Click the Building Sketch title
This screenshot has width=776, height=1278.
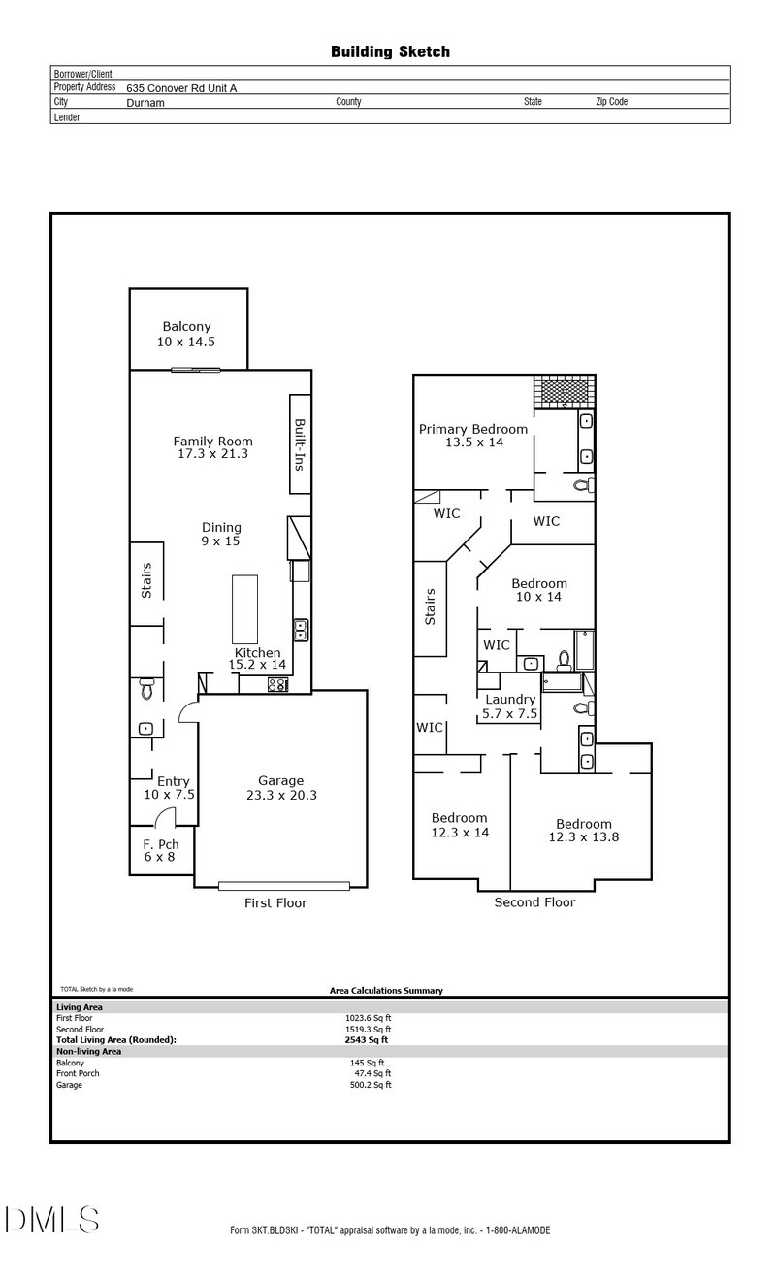point(390,51)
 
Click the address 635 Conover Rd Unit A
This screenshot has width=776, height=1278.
point(181,87)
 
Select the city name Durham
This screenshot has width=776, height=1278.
point(145,101)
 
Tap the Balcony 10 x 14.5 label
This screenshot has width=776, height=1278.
point(186,335)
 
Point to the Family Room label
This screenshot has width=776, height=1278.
point(213,447)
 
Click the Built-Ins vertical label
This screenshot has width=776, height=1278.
point(300,444)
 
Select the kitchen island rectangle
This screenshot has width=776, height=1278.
point(244,609)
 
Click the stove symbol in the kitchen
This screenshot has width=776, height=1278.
point(277,684)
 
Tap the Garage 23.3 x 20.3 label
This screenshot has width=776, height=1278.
point(280,787)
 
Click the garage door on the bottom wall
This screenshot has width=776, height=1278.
point(283,885)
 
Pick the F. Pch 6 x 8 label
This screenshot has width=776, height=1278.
point(161,850)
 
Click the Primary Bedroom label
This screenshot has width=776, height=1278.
point(473,435)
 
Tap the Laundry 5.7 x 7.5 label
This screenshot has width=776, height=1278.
point(509,705)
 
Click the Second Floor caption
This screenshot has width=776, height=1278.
point(534,902)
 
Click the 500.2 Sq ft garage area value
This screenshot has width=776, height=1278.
point(371,1085)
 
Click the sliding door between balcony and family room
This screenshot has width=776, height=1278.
point(197,369)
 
